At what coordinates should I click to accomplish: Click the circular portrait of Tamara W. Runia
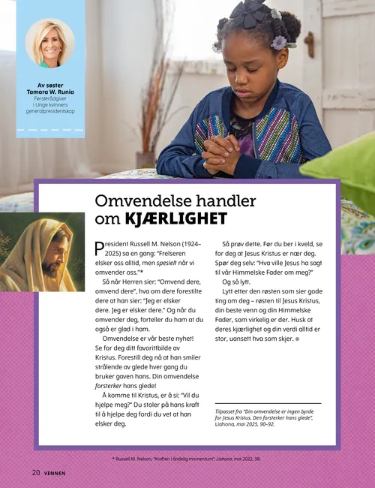click(50, 43)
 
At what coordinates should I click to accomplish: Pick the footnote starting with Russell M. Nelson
click(187, 457)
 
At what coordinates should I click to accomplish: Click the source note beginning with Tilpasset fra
click(270, 423)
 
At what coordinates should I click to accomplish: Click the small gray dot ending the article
click(297, 339)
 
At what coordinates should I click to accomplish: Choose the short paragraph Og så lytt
click(238, 282)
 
